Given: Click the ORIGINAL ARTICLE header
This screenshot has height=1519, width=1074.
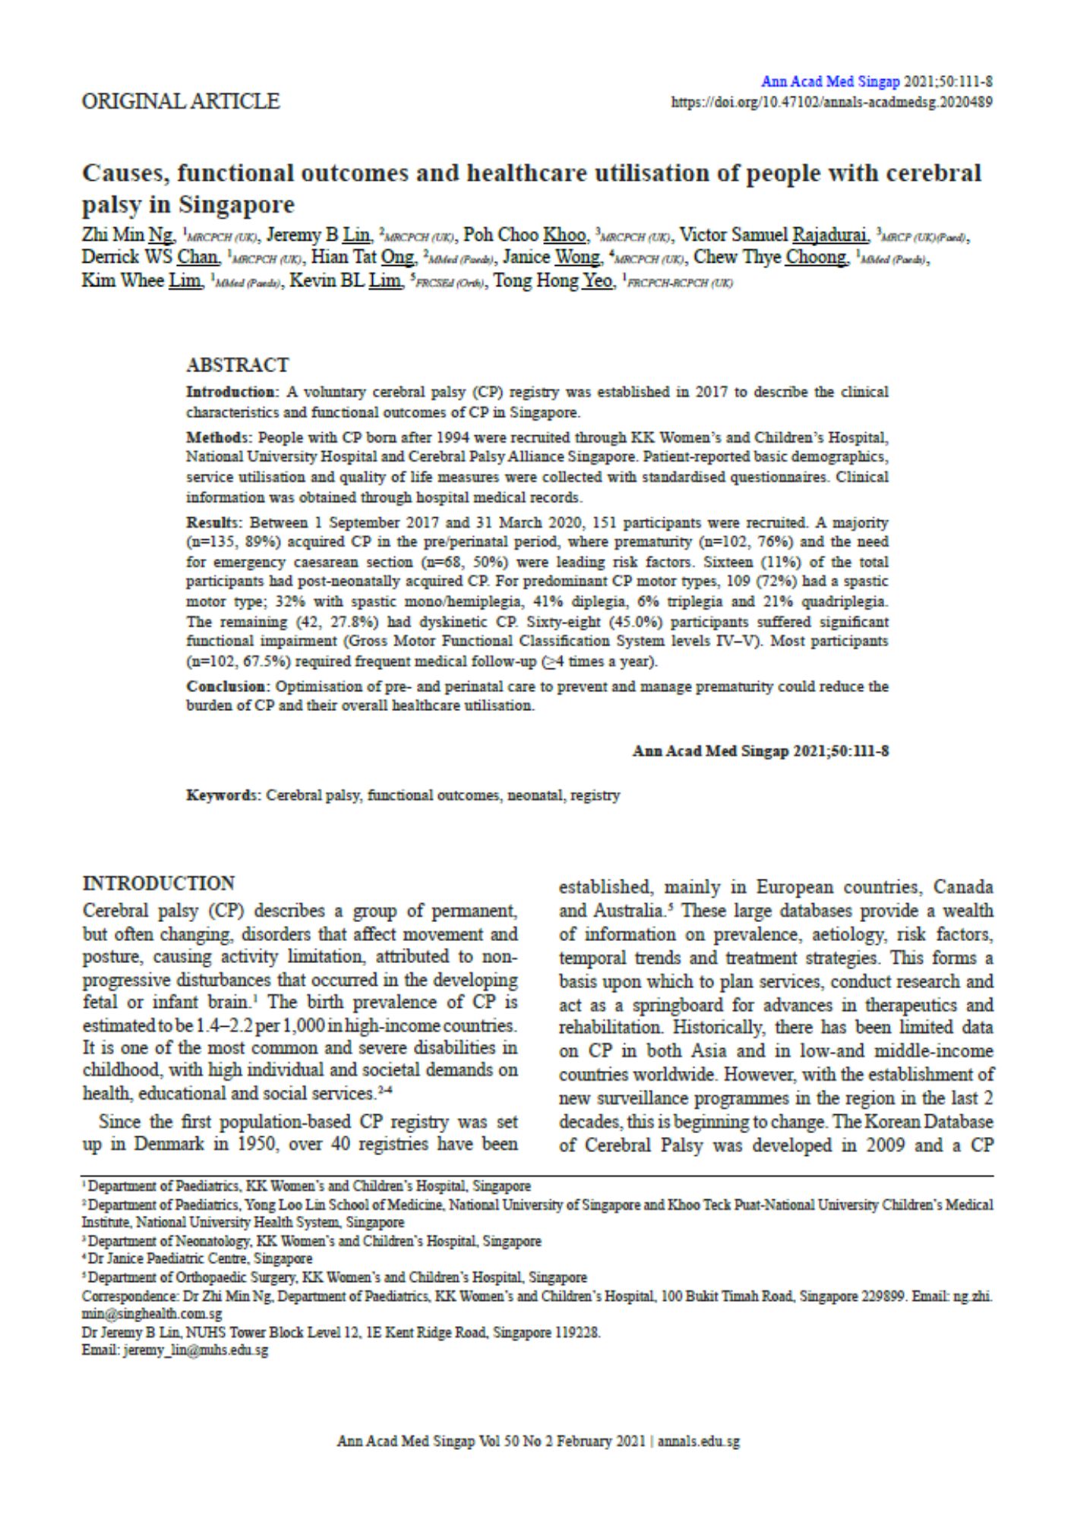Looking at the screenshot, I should pyautogui.click(x=181, y=101).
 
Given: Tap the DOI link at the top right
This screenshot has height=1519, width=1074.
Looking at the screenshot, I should pyautogui.click(x=832, y=102).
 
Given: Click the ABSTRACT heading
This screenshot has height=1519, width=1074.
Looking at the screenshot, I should pyautogui.click(x=237, y=365).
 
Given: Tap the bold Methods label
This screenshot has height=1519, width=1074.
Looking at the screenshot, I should pyautogui.click(x=219, y=437).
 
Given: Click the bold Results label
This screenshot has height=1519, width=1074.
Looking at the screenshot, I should pyautogui.click(x=215, y=523).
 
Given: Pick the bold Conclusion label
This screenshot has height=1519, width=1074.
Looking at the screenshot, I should pyautogui.click(x=226, y=686).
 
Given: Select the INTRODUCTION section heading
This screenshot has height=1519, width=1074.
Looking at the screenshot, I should pyautogui.click(x=159, y=884).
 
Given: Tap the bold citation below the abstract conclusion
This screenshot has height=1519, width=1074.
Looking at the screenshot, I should pyautogui.click(x=760, y=751).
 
